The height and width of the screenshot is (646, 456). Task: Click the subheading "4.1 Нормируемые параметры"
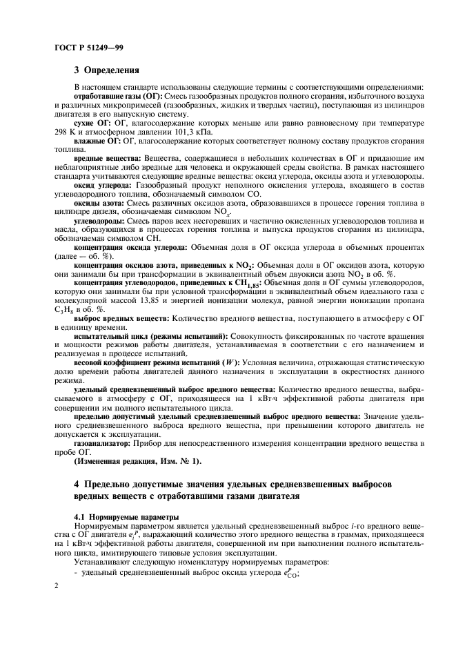[121, 517]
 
